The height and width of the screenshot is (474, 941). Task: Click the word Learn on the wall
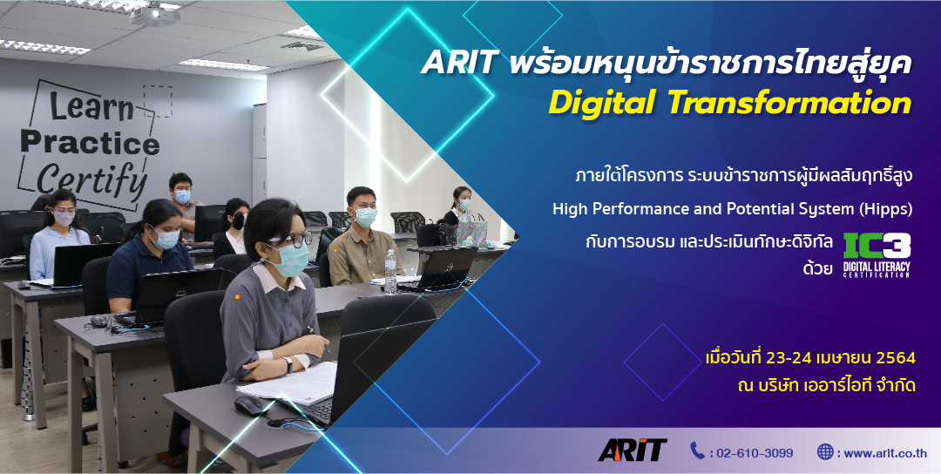point(91,107)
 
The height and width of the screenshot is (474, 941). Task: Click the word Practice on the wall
point(90,143)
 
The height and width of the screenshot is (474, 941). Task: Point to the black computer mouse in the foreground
point(251,405)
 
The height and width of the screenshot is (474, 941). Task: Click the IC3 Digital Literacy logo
point(877,255)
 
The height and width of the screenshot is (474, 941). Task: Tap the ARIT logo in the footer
point(633,450)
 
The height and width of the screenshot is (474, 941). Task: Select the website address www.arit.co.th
point(885,453)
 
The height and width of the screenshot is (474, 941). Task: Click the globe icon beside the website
point(825,451)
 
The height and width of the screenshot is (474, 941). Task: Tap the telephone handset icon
point(697,450)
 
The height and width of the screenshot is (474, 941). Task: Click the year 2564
point(896,358)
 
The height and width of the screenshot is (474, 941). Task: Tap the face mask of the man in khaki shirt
point(365,217)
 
